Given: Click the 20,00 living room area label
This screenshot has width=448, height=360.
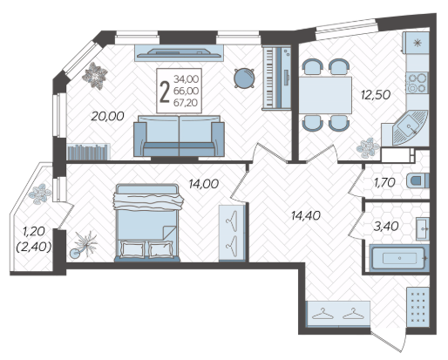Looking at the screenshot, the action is click(x=107, y=116).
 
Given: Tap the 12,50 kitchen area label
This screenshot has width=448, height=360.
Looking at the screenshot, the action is click(x=376, y=95).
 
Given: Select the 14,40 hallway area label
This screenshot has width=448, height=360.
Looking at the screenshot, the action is click(x=306, y=215).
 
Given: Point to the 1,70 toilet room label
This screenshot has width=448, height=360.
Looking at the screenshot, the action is click(x=384, y=182).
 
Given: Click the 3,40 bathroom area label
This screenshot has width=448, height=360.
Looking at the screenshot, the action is click(x=385, y=226).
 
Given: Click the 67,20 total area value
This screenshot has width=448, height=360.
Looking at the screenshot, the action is click(x=186, y=103).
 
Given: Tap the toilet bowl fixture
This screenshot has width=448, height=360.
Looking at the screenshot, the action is click(x=417, y=180).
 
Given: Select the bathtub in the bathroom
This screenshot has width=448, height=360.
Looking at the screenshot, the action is click(x=399, y=258).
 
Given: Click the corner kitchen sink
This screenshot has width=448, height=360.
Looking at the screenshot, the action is click(x=410, y=127).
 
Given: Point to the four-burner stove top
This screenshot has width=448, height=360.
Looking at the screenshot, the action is click(x=417, y=83).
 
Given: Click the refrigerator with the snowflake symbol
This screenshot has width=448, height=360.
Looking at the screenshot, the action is click(x=416, y=43).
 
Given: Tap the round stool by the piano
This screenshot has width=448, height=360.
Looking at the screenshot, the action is click(x=245, y=78).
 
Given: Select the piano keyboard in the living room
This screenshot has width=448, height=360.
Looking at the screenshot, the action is click(x=276, y=78).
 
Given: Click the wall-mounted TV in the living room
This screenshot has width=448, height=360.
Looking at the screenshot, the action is click(x=179, y=52).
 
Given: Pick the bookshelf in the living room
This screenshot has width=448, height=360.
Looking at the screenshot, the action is click(x=88, y=152).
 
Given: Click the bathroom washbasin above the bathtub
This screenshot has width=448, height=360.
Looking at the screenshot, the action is click(x=423, y=228).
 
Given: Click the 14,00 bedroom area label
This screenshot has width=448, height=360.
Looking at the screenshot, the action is click(x=203, y=184).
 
